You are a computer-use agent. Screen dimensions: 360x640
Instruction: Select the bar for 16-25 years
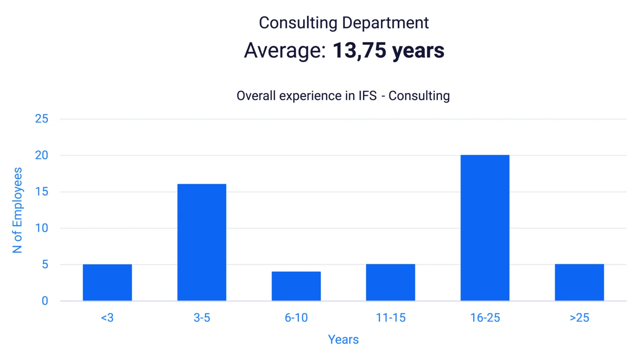485,228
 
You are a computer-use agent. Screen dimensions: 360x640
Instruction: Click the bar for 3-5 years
202,242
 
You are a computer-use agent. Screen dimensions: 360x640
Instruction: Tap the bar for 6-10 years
296,286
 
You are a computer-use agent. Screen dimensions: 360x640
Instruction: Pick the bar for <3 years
107,283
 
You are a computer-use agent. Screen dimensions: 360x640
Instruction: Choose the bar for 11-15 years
391,283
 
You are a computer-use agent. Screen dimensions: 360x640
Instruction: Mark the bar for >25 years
579,283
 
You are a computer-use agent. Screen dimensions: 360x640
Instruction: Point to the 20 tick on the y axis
42,155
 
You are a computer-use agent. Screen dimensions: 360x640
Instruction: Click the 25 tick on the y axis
42,119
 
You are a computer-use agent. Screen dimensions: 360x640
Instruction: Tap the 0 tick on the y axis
45,301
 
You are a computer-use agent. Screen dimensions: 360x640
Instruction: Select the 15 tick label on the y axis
42,191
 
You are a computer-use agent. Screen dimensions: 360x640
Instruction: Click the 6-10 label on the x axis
296,318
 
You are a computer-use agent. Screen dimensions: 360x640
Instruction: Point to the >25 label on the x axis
579,318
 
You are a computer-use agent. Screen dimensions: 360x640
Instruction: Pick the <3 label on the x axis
107,318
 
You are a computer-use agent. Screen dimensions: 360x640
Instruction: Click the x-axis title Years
343,339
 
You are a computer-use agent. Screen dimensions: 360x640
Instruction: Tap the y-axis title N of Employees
17,210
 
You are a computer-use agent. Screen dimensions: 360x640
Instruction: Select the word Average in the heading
285,51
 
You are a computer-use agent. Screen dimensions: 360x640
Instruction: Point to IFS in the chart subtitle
368,96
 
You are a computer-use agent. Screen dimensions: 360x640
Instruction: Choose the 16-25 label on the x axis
485,318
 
